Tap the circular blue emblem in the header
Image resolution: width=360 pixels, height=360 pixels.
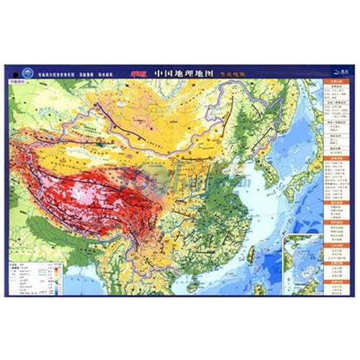(x=28, y=72)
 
